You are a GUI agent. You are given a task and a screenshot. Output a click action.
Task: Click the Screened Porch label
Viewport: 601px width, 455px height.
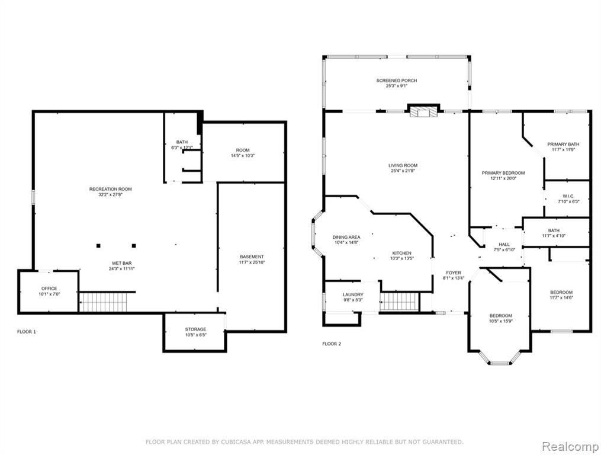coord(396,81)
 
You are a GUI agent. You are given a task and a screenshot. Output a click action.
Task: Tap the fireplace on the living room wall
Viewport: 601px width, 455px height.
coord(423,111)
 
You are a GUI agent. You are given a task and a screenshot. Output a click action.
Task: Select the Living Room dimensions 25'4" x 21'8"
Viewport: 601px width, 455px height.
coord(403,171)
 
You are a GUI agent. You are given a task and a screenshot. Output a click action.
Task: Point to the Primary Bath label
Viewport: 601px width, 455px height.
coord(563,144)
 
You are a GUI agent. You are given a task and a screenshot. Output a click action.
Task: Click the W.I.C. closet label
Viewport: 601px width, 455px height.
coord(568,196)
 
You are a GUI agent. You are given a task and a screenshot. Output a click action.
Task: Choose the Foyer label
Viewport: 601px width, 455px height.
coord(454,273)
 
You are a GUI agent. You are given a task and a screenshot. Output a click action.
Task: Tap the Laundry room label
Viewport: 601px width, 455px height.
coord(353,294)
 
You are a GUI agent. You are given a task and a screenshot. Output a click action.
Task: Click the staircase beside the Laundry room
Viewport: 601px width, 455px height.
coord(399,302)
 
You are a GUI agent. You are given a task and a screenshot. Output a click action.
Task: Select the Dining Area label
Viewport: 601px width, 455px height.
coord(346,237)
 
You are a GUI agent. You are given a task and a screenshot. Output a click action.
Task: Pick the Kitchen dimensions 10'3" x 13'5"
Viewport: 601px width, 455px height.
coord(401,258)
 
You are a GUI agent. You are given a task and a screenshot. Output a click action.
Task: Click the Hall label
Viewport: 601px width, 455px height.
coord(504,244)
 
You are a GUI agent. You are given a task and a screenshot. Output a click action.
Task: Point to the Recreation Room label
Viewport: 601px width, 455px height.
coord(110,189)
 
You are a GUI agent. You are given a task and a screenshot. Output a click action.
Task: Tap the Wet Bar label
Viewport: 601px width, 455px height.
coord(121,263)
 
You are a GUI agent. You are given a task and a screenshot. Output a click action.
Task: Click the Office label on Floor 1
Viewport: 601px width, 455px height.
coord(49,289)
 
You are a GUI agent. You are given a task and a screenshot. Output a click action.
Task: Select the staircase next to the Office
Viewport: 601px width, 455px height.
coord(103,302)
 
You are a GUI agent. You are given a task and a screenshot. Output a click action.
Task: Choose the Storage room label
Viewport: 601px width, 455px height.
coord(195,329)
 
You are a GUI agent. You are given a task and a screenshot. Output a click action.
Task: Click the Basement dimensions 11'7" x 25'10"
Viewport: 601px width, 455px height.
coord(252,262)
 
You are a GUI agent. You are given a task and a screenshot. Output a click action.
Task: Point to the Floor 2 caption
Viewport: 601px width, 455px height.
coord(332,344)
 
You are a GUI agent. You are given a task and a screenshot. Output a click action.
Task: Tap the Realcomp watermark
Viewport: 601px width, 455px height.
coord(570,447)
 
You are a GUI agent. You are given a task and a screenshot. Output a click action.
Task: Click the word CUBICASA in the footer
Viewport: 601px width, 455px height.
coord(234,442)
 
